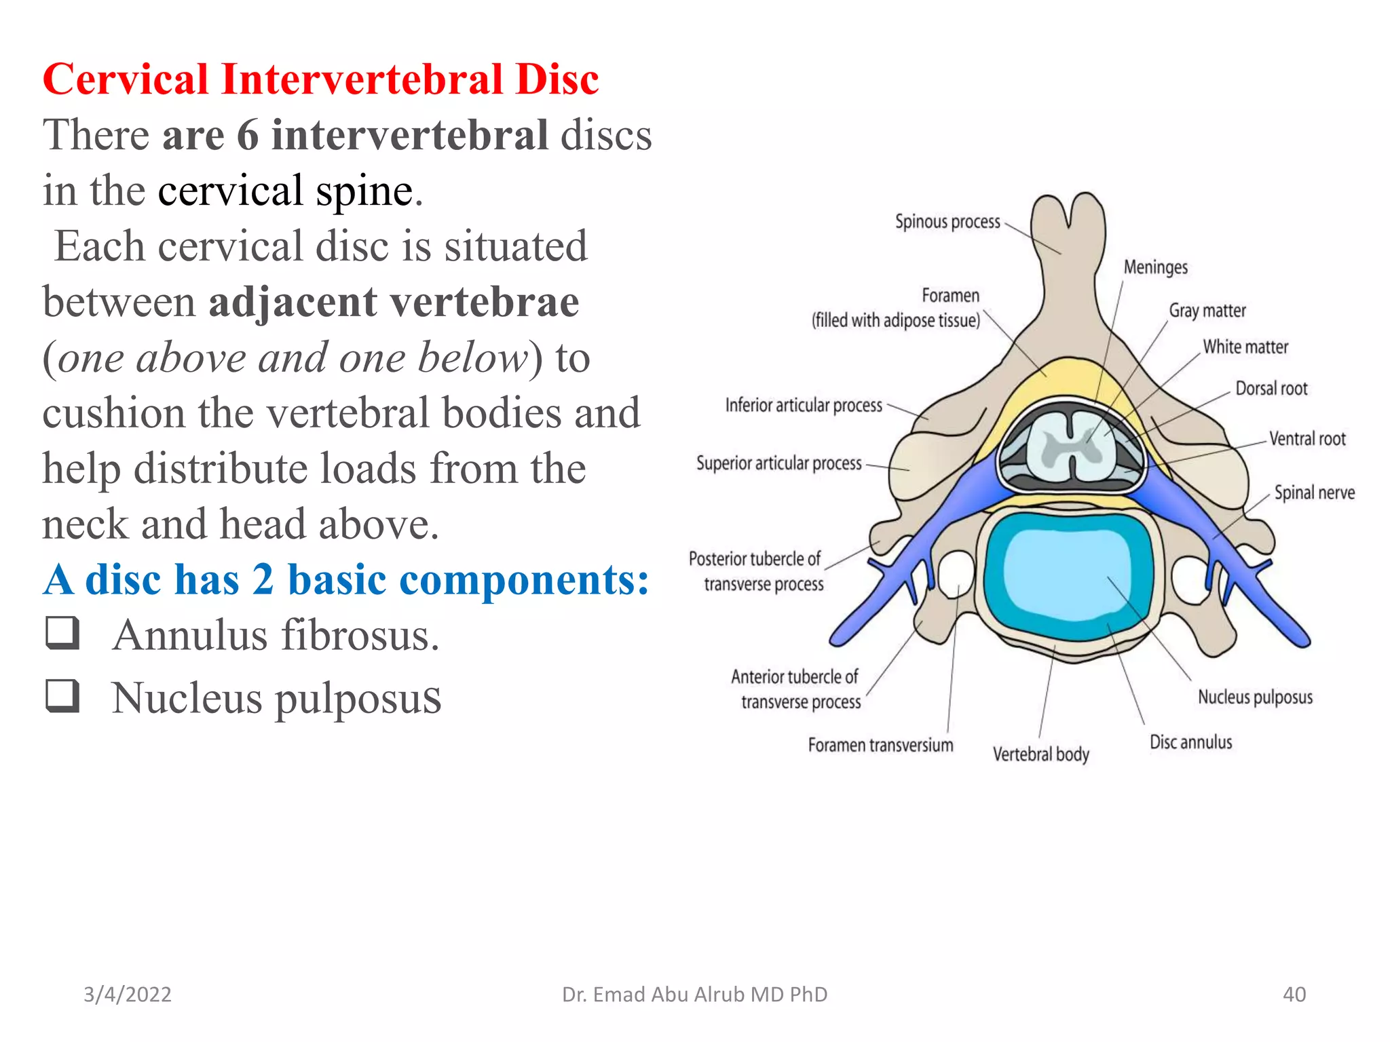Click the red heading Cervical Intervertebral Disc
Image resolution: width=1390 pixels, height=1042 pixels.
pos(320,79)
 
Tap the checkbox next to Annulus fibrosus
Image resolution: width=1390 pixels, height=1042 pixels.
pos(63,633)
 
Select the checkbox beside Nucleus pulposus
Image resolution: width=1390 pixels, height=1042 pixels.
pos(63,695)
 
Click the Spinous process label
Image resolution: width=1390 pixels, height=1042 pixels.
pos(947,222)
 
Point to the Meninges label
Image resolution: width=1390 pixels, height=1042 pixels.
pos(1155,267)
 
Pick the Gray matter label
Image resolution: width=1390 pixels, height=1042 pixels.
pos(1207,311)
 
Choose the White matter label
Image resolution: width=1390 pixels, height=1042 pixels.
pos(1245,347)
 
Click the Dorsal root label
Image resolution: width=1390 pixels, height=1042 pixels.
pos(1271,389)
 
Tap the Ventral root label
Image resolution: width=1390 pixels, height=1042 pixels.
pos(1307,439)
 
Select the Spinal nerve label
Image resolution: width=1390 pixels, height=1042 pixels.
pos(1314,493)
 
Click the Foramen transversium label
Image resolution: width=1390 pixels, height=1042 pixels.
pos(880,746)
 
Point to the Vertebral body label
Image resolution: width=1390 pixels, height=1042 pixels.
pos(1040,754)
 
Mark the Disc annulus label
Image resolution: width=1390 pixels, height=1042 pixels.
pos(1190,742)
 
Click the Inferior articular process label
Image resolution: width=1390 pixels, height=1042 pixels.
pos(804,406)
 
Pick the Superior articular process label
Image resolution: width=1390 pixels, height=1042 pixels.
pos(778,463)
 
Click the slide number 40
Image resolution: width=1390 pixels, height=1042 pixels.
pos(1294,995)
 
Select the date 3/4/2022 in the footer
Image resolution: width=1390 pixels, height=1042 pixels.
pos(128,995)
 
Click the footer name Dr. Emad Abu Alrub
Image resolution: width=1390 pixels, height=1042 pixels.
pos(694,995)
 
